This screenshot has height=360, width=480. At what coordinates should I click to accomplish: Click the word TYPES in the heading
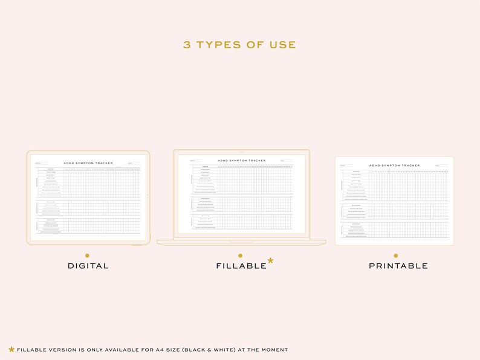[x=221, y=45]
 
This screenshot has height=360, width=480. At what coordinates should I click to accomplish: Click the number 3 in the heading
[x=187, y=45]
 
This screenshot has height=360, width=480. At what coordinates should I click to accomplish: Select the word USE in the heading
[x=284, y=45]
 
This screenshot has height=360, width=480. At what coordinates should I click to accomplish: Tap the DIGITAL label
[x=88, y=266]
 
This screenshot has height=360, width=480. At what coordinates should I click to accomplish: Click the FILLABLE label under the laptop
[x=241, y=266]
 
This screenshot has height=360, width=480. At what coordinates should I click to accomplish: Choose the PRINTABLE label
[x=398, y=266]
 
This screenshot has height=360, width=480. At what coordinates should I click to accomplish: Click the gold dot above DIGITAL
[x=87, y=256]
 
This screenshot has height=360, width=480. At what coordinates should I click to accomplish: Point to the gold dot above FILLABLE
[x=240, y=256]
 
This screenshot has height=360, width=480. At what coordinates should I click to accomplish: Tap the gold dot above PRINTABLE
[x=396, y=256]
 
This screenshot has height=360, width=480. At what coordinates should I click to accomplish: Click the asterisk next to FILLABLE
[x=270, y=261]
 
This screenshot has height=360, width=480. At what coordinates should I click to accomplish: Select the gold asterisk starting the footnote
[x=11, y=349]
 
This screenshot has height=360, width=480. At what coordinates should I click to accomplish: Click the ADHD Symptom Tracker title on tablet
[x=88, y=163]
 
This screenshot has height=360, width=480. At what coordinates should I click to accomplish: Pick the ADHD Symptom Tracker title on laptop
[x=241, y=161]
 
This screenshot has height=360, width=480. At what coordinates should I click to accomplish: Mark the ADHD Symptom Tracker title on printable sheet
[x=395, y=166]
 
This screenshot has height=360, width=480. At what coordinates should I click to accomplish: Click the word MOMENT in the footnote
[x=273, y=350]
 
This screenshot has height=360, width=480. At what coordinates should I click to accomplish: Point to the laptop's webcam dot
[x=241, y=152]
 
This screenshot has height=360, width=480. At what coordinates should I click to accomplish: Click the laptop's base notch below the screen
[x=241, y=241]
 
